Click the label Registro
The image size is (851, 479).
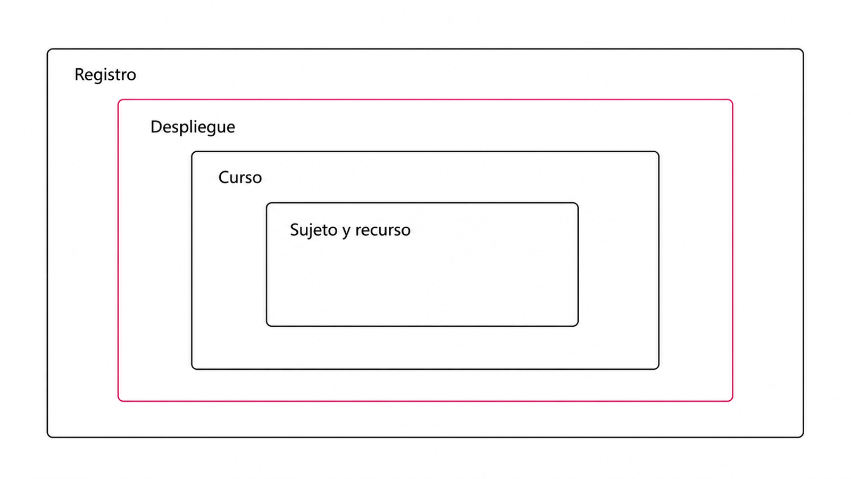pos(105,75)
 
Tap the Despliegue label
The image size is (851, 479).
pos(193,127)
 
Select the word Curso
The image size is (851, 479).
pos(240,178)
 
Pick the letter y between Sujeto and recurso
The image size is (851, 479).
pos(346,232)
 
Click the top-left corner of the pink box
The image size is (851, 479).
pos(119,100)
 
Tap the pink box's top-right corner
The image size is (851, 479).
pos(732,100)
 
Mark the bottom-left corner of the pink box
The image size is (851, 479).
pos(119,401)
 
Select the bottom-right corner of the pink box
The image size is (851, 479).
pos(732,401)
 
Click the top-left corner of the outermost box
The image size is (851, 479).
pos(48,49)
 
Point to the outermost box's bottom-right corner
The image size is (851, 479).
pos(803,437)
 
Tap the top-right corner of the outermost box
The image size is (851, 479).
pos(803,49)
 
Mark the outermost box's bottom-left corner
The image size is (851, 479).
pos(48,437)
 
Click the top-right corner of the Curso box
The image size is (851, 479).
pos(658,152)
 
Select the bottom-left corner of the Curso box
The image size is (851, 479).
pos(192,369)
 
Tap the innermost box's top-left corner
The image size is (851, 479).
pos(267,203)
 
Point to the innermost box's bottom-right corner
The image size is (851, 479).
pos(578,326)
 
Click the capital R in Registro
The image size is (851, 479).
pos(79,75)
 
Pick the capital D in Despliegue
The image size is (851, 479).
pos(156,127)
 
